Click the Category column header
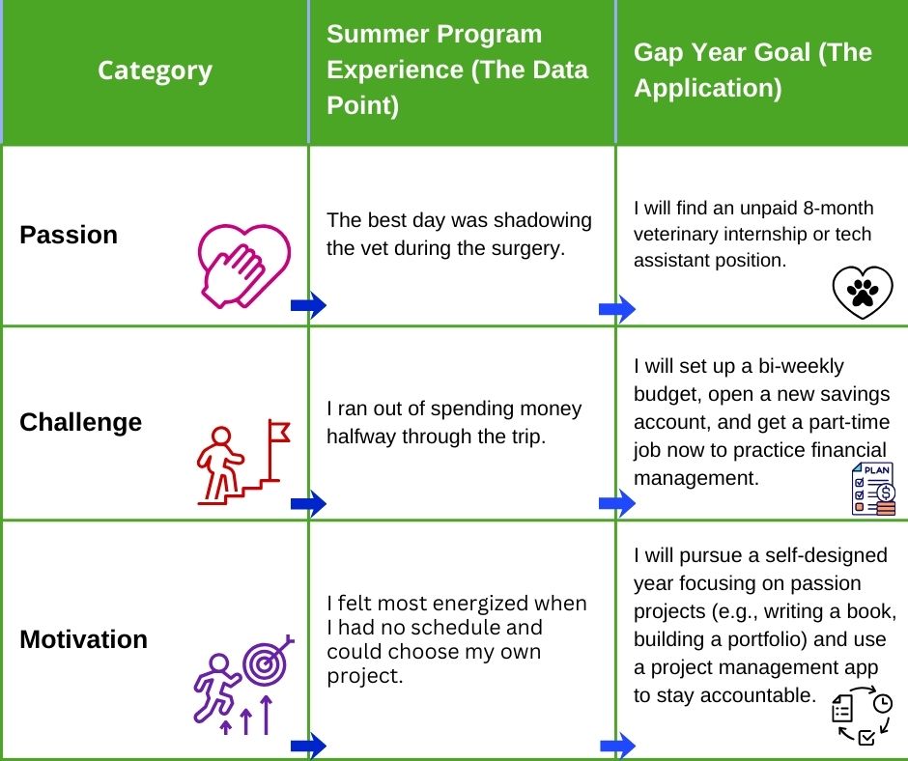155,71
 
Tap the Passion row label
69,235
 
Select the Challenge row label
80,422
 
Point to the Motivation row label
83,639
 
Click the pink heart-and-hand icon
243,266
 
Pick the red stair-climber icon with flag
243,463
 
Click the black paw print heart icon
863,292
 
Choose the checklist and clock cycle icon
862,715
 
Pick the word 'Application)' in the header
708,89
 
